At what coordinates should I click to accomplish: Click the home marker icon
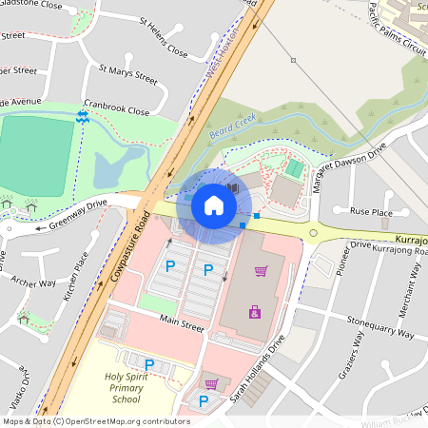pos(213,204)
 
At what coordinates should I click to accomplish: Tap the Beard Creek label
pos(234,132)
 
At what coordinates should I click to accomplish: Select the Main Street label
pos(182,326)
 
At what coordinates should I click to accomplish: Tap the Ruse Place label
pos(371,211)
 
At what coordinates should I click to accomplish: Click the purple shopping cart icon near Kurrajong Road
pos(260,270)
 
